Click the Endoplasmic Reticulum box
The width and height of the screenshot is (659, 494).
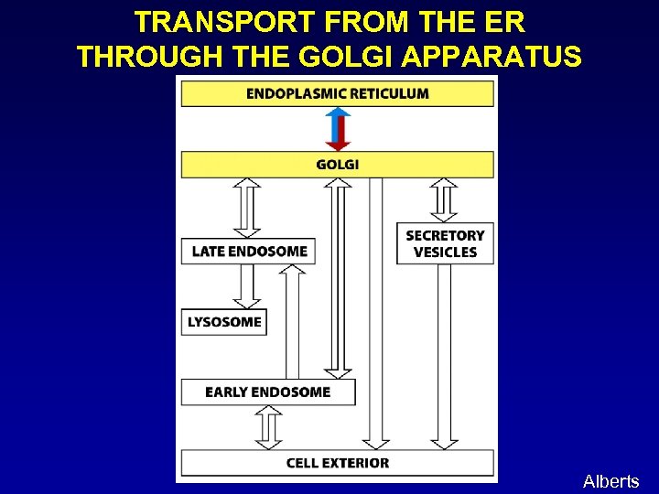tap(337, 93)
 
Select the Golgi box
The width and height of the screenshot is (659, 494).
tap(337, 165)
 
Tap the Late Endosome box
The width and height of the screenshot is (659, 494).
tap(248, 252)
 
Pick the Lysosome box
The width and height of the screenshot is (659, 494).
tap(224, 322)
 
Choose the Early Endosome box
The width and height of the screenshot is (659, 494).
tap(267, 392)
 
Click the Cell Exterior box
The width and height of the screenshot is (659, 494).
tap(337, 463)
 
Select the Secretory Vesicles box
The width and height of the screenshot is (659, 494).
tap(445, 243)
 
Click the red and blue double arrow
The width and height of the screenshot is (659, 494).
tap(339, 129)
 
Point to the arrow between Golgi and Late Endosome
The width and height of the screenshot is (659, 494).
tap(247, 208)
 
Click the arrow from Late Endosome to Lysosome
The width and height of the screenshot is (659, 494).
tap(246, 286)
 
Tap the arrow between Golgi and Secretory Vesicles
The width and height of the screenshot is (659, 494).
tap(445, 199)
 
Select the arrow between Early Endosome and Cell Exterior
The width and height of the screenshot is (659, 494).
tap(268, 427)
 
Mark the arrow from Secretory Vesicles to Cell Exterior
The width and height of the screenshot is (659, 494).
tap(445, 357)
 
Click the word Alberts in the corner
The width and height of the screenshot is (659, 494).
tap(610, 481)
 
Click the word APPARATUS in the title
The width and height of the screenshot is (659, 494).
tap(491, 57)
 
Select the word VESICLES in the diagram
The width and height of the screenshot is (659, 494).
tap(445, 252)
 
